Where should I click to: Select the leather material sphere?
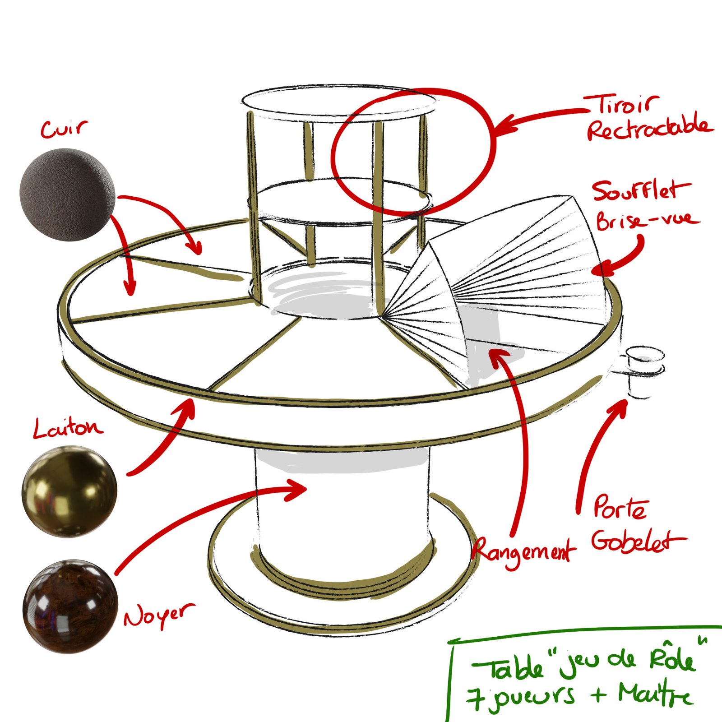(67, 194)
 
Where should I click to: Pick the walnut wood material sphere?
(70, 606)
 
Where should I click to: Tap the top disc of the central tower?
(339, 102)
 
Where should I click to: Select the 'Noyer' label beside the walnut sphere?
(160, 616)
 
